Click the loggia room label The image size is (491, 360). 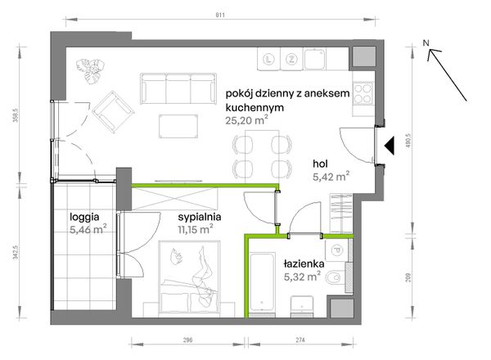[x=84, y=217]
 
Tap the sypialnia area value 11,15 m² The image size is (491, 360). [x=196, y=229]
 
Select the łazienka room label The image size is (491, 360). [x=304, y=264]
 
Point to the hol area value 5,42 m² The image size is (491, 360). [x=331, y=177]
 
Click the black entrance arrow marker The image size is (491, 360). [x=390, y=146]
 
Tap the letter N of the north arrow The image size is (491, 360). [x=426, y=43]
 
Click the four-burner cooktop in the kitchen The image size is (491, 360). [x=363, y=92]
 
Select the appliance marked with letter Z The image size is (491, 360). [x=291, y=59]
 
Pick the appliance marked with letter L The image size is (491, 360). [x=268, y=59]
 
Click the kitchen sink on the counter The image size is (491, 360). [x=315, y=59]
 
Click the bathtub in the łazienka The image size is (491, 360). [x=263, y=283]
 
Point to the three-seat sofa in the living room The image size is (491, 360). [x=178, y=88]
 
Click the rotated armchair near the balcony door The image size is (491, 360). [x=113, y=112]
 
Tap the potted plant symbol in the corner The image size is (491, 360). [x=91, y=71]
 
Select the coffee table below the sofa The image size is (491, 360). [x=178, y=126]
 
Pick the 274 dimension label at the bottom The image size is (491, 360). [x=300, y=340]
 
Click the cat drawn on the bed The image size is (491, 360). [x=176, y=256]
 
